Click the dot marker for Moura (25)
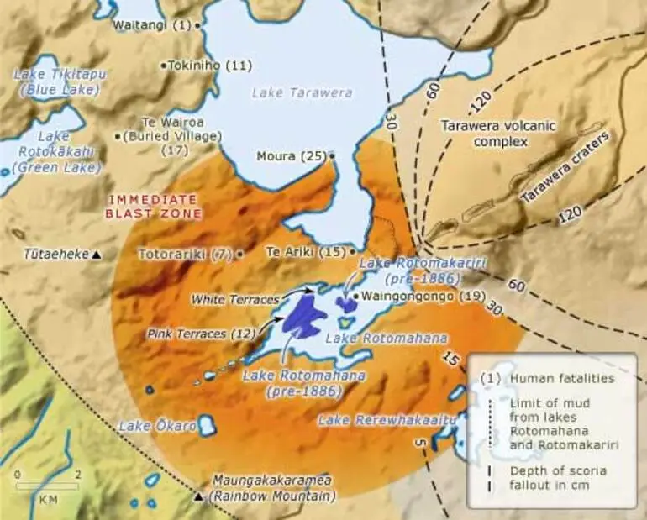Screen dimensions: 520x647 [x=333, y=155]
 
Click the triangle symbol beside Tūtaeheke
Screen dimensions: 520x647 [x=97, y=255]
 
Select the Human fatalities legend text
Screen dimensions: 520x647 [x=561, y=378]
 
